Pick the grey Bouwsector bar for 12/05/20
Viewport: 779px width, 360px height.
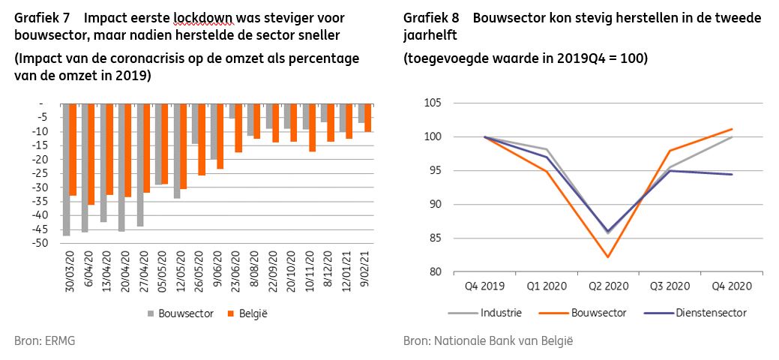point(177,151)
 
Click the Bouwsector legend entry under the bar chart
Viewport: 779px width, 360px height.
point(179,314)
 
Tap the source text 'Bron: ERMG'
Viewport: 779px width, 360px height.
point(45,341)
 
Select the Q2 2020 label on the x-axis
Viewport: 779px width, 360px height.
point(607,286)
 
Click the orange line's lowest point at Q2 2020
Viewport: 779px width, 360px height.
point(607,257)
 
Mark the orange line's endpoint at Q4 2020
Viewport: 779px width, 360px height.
point(732,129)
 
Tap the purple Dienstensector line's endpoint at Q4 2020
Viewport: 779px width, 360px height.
point(732,174)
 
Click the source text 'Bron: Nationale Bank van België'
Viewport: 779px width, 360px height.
point(488,341)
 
